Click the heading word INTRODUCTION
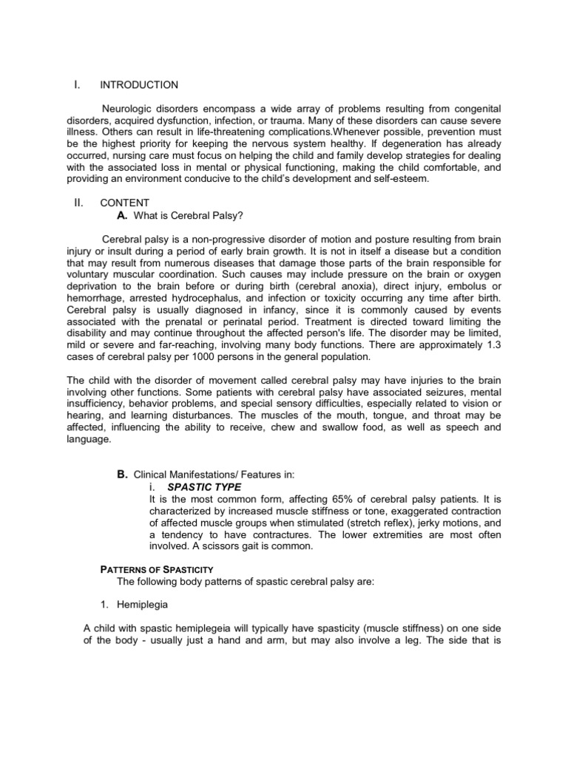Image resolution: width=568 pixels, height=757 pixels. pyautogui.click(x=139, y=85)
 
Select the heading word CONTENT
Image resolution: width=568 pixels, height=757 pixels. pyautogui.click(x=124, y=203)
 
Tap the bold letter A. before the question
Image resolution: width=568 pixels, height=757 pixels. pyautogui.click(x=123, y=215)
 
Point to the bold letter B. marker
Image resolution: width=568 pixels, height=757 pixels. pyautogui.click(x=123, y=475)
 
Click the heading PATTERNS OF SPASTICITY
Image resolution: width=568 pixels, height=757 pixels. pyautogui.click(x=157, y=569)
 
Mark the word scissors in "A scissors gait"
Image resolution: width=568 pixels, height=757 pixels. pyautogui.click(x=229, y=546)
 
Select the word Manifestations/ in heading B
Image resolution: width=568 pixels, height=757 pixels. pyautogui.click(x=209, y=475)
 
